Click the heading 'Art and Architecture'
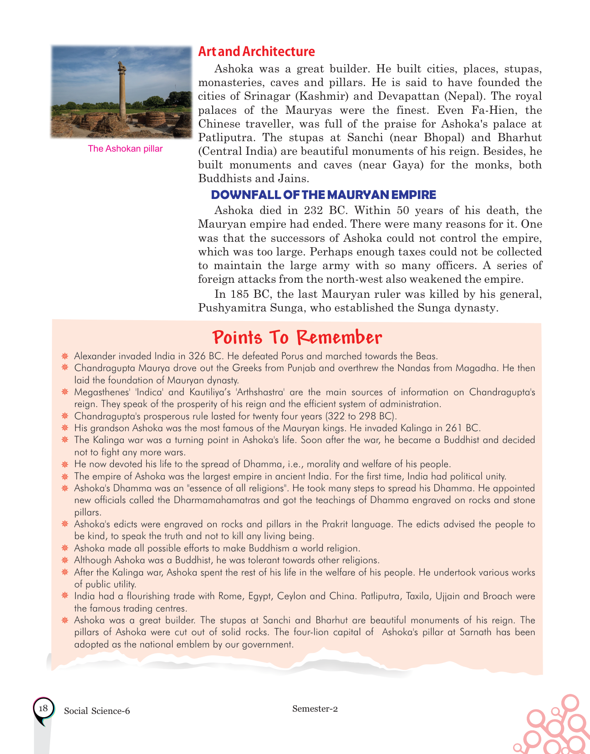click(256, 51)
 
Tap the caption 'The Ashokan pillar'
click(125, 149)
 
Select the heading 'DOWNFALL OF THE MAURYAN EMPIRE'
click(323, 195)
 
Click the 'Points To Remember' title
click(297, 337)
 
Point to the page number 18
click(43, 708)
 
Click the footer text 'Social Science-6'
click(97, 711)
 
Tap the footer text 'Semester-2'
click(315, 708)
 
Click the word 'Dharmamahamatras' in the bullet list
click(217, 500)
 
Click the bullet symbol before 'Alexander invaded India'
click(65, 356)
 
